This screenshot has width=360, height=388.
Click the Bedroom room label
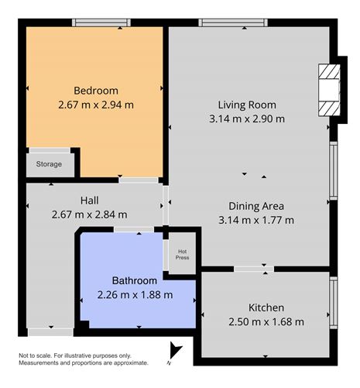click(97, 89)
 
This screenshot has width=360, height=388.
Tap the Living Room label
click(246, 105)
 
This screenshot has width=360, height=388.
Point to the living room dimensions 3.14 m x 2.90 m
click(247, 119)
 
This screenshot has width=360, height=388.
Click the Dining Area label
click(256, 206)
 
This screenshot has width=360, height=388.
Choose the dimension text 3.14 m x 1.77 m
click(256, 220)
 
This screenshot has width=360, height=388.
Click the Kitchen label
click(266, 307)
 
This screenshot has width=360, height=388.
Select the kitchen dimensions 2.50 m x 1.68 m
click(266, 322)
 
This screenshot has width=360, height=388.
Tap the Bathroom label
click(135, 280)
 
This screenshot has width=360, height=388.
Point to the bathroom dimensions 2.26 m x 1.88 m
click(135, 294)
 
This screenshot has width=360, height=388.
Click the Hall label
click(89, 200)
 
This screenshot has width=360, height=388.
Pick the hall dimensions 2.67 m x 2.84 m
click(89, 215)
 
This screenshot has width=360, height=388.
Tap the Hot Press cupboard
click(182, 253)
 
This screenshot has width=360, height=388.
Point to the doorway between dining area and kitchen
click(253, 269)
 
